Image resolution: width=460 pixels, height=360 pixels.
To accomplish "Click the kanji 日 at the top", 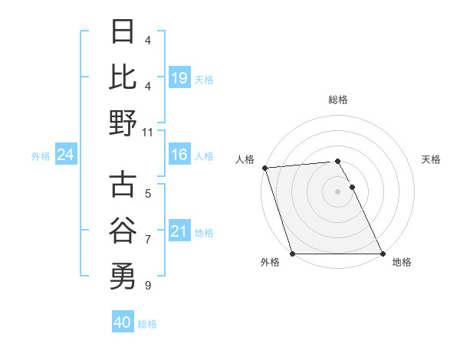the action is point(123,32).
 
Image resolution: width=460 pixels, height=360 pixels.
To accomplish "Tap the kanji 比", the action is point(123,77).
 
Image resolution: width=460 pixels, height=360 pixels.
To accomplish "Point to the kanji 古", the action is point(123,185).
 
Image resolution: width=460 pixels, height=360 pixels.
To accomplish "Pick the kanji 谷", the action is point(123,231).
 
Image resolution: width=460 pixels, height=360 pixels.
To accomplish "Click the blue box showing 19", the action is point(179,78).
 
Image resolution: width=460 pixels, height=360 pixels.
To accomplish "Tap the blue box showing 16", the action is point(179,155).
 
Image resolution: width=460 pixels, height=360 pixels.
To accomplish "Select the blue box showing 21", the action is point(179,231).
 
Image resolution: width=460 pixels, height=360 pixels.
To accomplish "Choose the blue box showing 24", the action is point(66,155).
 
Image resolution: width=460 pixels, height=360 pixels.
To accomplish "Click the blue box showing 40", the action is point(123,322).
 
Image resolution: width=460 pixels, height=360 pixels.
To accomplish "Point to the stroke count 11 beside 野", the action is point(149,132).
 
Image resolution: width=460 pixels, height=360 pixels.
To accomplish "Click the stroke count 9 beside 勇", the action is point(148,286).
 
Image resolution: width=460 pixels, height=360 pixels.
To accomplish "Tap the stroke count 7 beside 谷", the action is point(148,240).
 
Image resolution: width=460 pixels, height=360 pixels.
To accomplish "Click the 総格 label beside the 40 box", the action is point(148,324).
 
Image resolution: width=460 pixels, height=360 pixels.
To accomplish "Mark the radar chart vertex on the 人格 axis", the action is point(264,168).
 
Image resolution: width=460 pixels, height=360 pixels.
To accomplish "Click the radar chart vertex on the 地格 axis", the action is point(382,254).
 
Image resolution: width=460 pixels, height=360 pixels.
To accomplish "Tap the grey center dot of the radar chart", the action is point(337,191).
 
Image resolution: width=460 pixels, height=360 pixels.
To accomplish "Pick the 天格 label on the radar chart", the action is point(432,159).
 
